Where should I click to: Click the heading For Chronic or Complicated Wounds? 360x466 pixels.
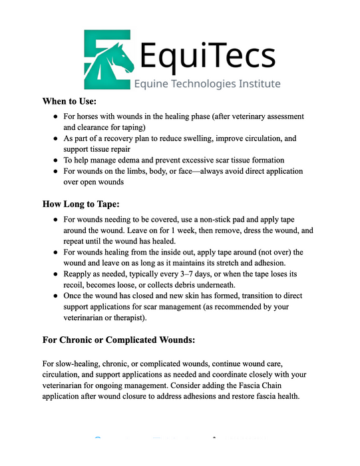tap(118, 340)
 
